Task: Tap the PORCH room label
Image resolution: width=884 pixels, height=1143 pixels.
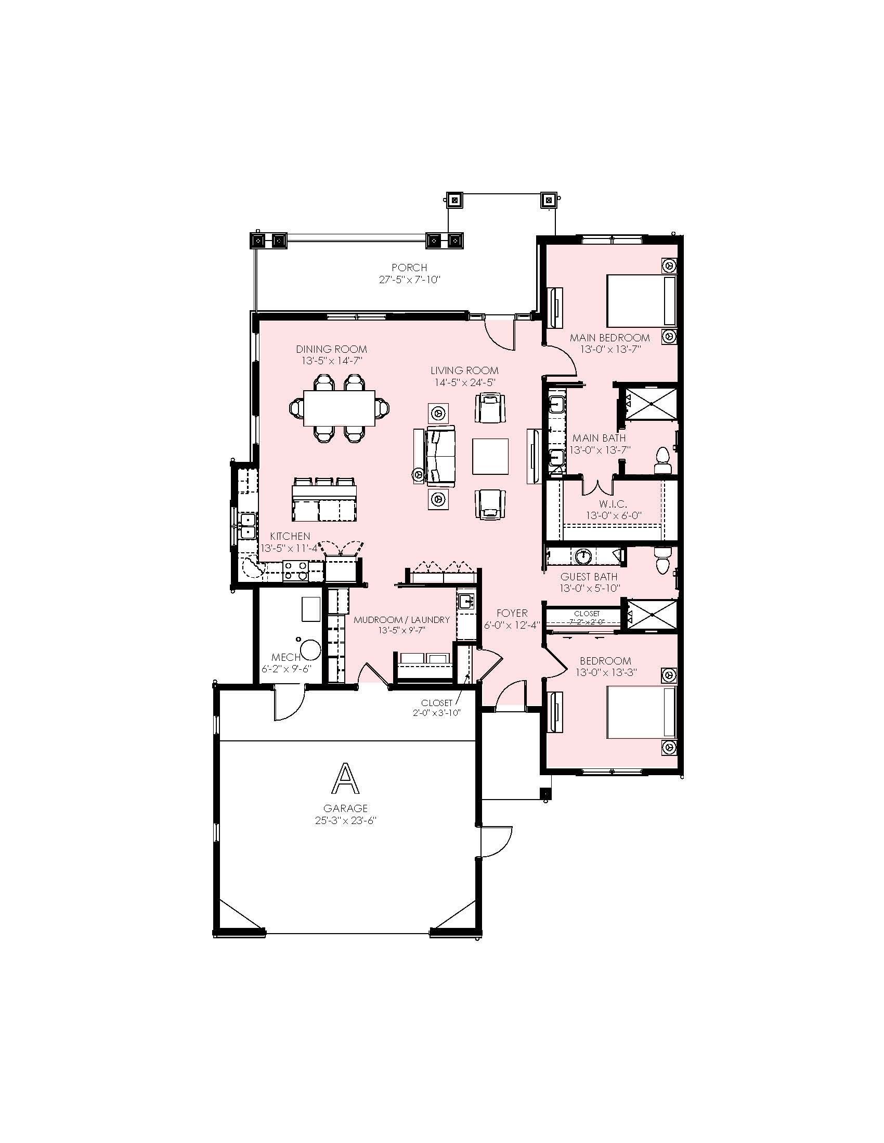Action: tap(410, 268)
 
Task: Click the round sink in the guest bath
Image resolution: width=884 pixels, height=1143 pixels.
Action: tap(583, 556)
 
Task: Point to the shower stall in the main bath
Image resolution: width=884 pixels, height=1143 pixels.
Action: tap(652, 403)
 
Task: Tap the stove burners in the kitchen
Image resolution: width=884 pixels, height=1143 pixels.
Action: tap(296, 570)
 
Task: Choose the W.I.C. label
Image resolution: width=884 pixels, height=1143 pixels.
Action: tap(613, 504)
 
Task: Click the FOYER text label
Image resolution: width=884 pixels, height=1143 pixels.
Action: tap(512, 613)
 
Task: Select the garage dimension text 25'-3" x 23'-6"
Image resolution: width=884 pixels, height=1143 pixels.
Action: tap(346, 820)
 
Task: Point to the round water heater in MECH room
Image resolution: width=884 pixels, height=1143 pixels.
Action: tap(310, 650)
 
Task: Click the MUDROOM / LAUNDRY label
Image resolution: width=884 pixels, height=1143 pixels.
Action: tap(401, 620)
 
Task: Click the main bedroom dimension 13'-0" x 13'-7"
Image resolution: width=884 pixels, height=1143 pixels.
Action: tap(610, 349)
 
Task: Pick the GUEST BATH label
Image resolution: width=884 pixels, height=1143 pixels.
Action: tap(589, 577)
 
